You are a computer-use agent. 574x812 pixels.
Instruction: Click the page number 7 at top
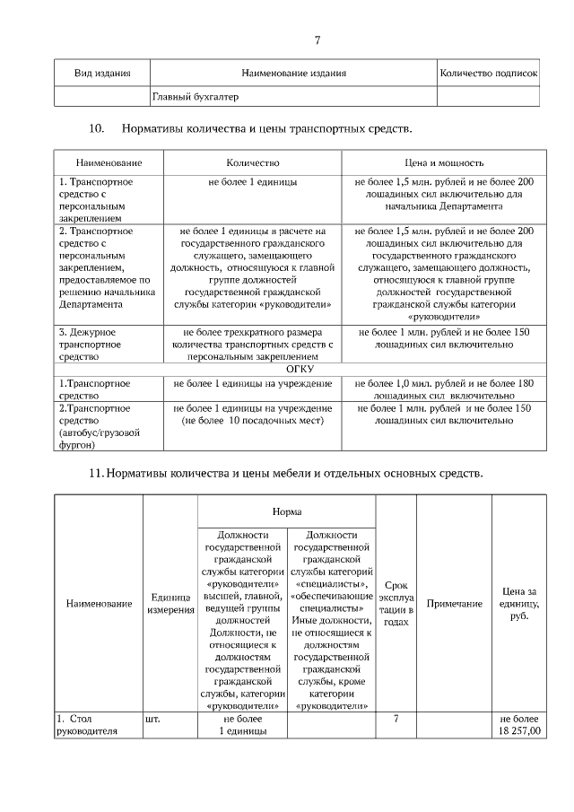click(x=317, y=39)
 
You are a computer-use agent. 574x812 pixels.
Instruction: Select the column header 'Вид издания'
click(x=102, y=74)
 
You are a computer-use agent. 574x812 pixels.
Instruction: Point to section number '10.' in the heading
click(x=99, y=129)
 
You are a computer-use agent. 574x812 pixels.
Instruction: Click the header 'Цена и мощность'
click(x=444, y=163)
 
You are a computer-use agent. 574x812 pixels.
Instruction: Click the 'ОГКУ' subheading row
click(x=300, y=369)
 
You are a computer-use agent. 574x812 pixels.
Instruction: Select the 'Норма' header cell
click(x=287, y=510)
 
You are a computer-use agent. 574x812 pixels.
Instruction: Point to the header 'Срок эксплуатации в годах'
click(x=396, y=597)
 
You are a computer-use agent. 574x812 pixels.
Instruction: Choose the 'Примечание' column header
click(x=454, y=604)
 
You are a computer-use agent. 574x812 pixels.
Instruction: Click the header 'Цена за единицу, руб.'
click(x=519, y=604)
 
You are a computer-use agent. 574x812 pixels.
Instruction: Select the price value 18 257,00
click(x=520, y=731)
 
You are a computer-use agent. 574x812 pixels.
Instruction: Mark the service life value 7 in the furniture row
click(x=396, y=719)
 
